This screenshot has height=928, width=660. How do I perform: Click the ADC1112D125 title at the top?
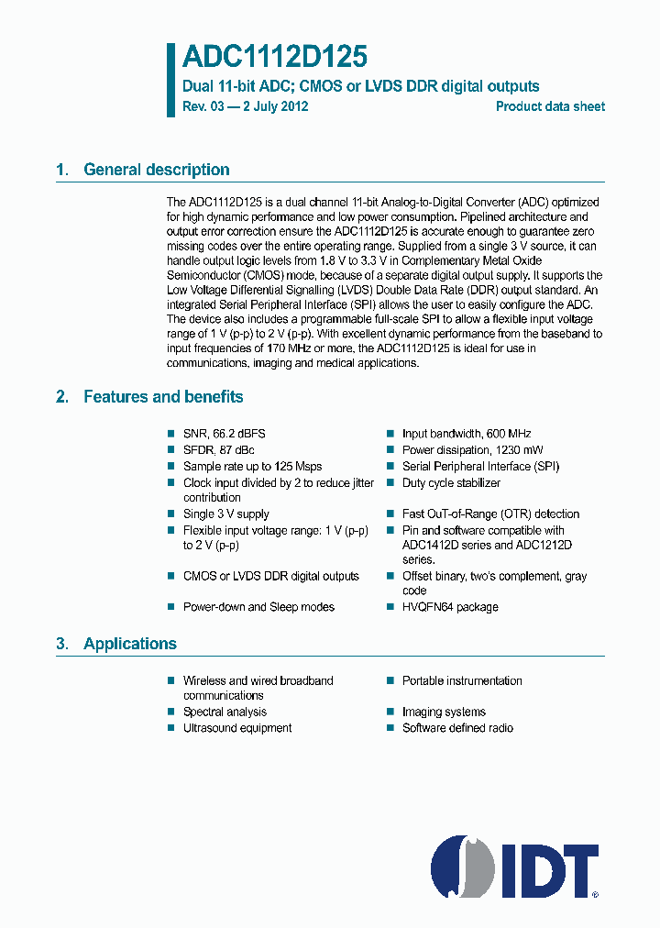(274, 58)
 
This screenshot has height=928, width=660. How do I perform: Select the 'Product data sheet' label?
(550, 106)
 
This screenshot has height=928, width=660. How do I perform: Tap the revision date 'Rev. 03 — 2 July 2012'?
(245, 106)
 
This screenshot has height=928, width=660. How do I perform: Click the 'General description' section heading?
(156, 170)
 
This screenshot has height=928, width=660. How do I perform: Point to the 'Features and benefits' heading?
(163, 397)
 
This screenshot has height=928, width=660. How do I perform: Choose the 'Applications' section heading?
(129, 644)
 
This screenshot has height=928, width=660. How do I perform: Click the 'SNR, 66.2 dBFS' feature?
(224, 434)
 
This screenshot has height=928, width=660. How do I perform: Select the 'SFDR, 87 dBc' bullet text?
(218, 450)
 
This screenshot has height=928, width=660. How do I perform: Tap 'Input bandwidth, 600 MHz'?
(466, 434)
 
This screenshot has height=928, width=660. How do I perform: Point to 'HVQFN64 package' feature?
(450, 607)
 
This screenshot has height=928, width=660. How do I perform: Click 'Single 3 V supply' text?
(225, 514)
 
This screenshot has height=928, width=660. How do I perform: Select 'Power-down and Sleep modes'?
(258, 607)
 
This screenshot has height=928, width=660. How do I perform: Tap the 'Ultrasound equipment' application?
(237, 728)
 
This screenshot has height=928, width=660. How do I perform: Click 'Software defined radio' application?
(457, 728)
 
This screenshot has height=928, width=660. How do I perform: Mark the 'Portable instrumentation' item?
(462, 681)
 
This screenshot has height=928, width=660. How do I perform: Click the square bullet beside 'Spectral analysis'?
(170, 712)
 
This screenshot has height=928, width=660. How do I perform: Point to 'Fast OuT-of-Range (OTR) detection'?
(490, 514)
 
